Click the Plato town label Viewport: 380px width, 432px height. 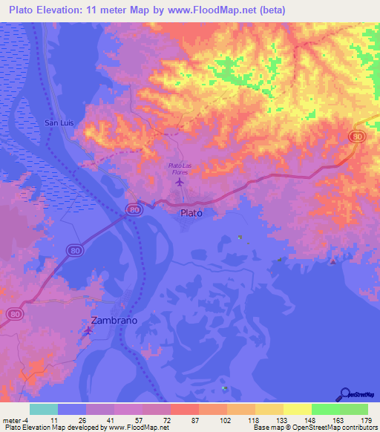[x=191, y=212]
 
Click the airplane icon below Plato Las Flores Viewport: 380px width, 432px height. [x=179, y=181]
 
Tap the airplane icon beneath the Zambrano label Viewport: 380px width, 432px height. [x=90, y=331]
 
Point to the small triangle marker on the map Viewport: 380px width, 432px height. [x=333, y=261]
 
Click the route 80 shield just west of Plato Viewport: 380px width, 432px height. [x=132, y=210]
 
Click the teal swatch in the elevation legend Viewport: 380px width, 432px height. [x=44, y=409]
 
